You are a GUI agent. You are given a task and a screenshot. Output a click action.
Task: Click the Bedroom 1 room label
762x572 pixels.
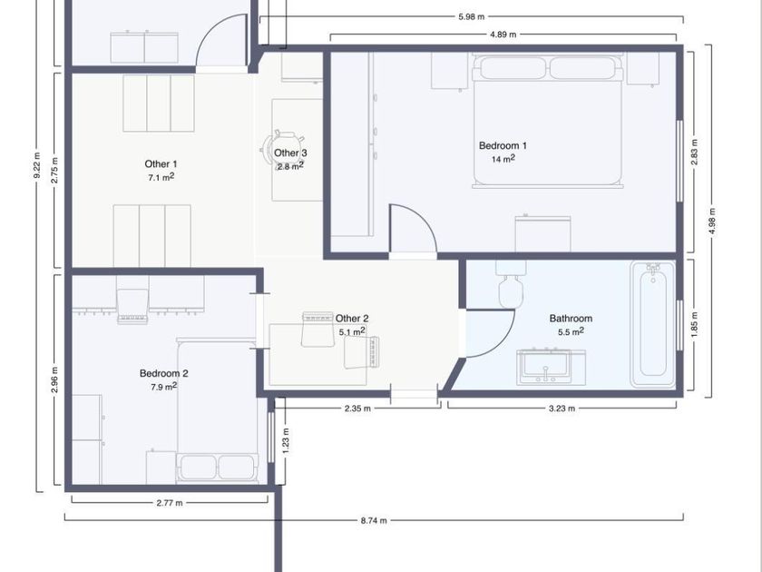pyautogui.click(x=503, y=145)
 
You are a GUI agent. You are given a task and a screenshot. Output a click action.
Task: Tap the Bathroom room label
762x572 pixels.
pyautogui.click(x=571, y=319)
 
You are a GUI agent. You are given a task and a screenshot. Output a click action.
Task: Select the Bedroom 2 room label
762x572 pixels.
pyautogui.click(x=164, y=373)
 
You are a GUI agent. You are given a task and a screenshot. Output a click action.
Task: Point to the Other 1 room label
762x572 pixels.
pyautogui.click(x=161, y=164)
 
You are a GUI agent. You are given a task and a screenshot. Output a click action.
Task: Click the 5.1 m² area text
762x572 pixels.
pyautogui.click(x=352, y=331)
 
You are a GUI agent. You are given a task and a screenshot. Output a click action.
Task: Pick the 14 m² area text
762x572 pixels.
pyautogui.click(x=503, y=159)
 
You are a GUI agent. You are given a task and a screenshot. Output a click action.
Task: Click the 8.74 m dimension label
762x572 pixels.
pyautogui.click(x=374, y=520)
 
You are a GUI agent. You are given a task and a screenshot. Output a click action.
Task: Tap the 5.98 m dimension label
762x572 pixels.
pyautogui.click(x=471, y=16)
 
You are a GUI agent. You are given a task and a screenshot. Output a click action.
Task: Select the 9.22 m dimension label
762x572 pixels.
pyautogui.click(x=37, y=166)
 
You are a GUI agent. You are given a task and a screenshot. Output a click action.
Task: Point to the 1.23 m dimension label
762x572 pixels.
pyautogui.click(x=286, y=440)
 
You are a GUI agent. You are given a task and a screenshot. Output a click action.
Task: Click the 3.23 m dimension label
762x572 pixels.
pyautogui.click(x=562, y=409)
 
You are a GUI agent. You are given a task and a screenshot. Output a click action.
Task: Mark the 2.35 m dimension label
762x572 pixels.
pyautogui.click(x=357, y=409)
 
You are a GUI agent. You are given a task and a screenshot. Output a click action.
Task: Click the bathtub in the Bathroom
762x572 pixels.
pyautogui.click(x=653, y=324)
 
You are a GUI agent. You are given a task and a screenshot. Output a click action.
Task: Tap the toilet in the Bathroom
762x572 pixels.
pyautogui.click(x=511, y=283)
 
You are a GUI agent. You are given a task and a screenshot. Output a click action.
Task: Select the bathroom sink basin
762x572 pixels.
pyautogui.click(x=545, y=366)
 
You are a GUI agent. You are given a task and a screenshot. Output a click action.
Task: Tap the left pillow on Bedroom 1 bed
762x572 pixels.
pyautogui.click(x=513, y=68)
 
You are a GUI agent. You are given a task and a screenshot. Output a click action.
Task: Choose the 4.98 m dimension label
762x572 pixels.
pyautogui.click(x=712, y=222)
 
